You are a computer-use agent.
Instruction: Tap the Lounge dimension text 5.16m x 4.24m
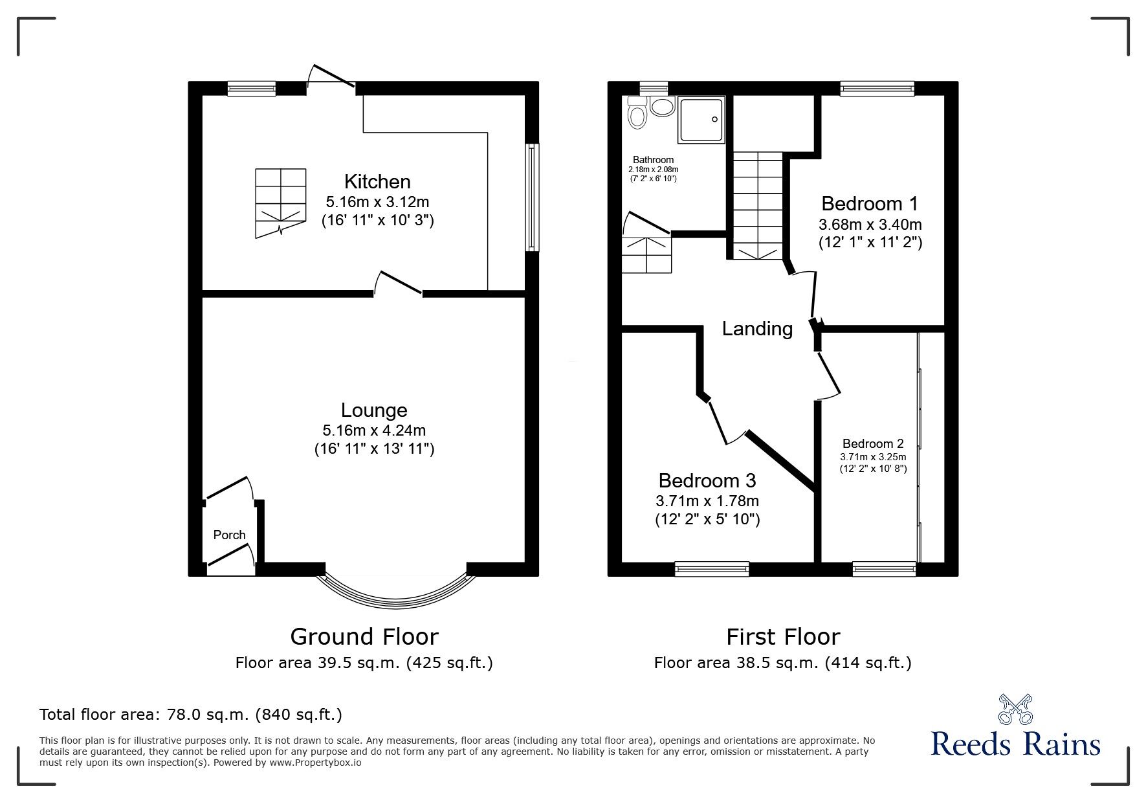click(374, 430)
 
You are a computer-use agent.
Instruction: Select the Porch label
click(229, 535)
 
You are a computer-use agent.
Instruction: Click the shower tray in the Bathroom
click(701, 119)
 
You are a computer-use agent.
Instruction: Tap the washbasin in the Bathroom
click(662, 106)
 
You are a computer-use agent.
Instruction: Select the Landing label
click(757, 329)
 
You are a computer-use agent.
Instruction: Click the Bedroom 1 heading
click(869, 204)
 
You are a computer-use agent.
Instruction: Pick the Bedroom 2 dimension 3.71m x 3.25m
click(873, 456)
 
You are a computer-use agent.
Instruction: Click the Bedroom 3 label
click(707, 481)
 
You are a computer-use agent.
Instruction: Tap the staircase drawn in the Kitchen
click(280, 202)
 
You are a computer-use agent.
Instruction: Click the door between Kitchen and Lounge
click(399, 285)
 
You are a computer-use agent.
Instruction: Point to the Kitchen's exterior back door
click(331, 76)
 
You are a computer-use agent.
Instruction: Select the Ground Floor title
click(364, 637)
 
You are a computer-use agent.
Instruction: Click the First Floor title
click(782, 637)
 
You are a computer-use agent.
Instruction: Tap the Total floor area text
click(191, 715)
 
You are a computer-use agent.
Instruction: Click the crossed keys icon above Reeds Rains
click(1015, 709)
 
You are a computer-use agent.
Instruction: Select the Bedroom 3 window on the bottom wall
click(712, 569)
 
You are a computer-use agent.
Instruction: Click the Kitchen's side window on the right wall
click(531, 197)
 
